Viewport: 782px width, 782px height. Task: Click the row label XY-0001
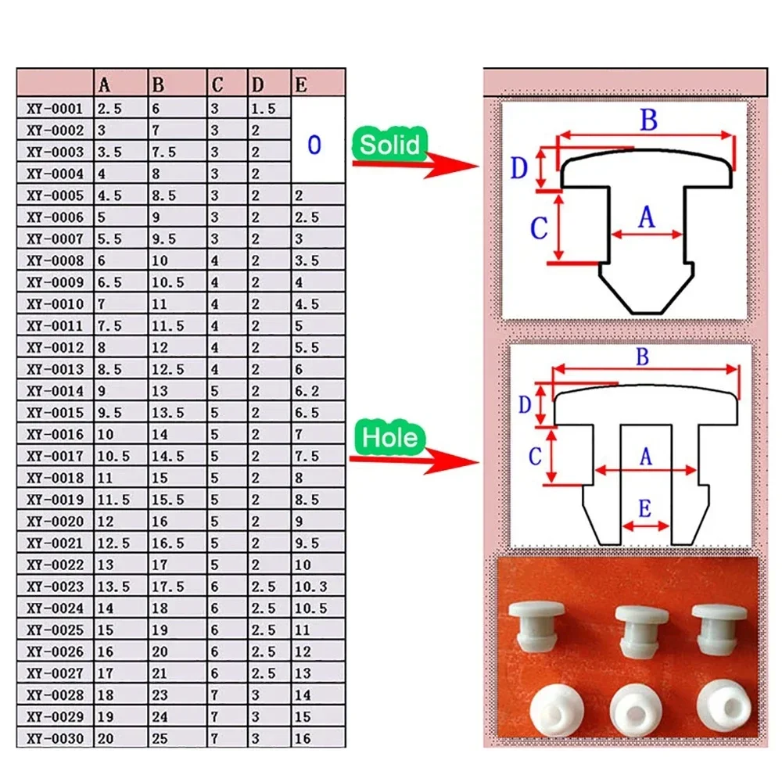pyautogui.click(x=55, y=109)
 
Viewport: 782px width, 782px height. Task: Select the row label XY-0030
pyautogui.click(x=55, y=738)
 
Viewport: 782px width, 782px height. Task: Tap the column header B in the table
pyautogui.click(x=159, y=84)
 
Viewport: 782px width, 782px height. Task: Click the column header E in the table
pyautogui.click(x=300, y=84)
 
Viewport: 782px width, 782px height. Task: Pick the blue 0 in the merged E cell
pyautogui.click(x=314, y=145)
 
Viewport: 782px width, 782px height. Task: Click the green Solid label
pyautogui.click(x=389, y=145)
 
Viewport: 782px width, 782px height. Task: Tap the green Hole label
pyautogui.click(x=389, y=437)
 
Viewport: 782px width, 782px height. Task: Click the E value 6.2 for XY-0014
pyautogui.click(x=307, y=391)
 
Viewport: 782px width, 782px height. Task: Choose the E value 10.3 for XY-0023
pyautogui.click(x=310, y=586)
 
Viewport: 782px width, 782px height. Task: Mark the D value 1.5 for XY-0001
pyautogui.click(x=264, y=109)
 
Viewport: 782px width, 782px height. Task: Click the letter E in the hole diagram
pyautogui.click(x=644, y=510)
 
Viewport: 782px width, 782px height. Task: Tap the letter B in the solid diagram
pyautogui.click(x=648, y=121)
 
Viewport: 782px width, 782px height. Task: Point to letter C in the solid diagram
pyautogui.click(x=539, y=228)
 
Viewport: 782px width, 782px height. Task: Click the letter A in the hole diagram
pyautogui.click(x=645, y=457)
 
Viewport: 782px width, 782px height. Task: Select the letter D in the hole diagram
pyautogui.click(x=526, y=404)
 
